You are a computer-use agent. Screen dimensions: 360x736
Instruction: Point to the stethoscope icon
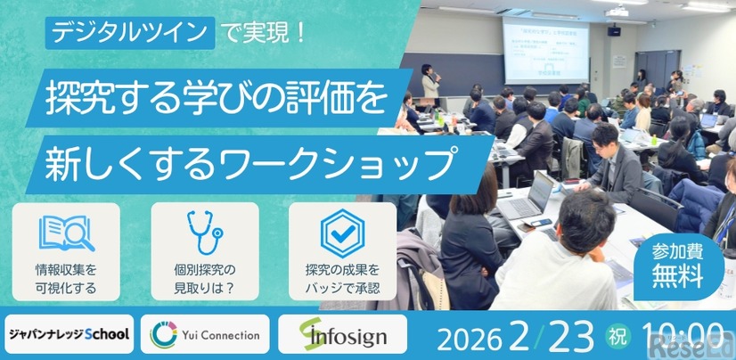tap(204, 234)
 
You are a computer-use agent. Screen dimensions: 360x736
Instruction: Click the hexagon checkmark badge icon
tap(342, 233)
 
